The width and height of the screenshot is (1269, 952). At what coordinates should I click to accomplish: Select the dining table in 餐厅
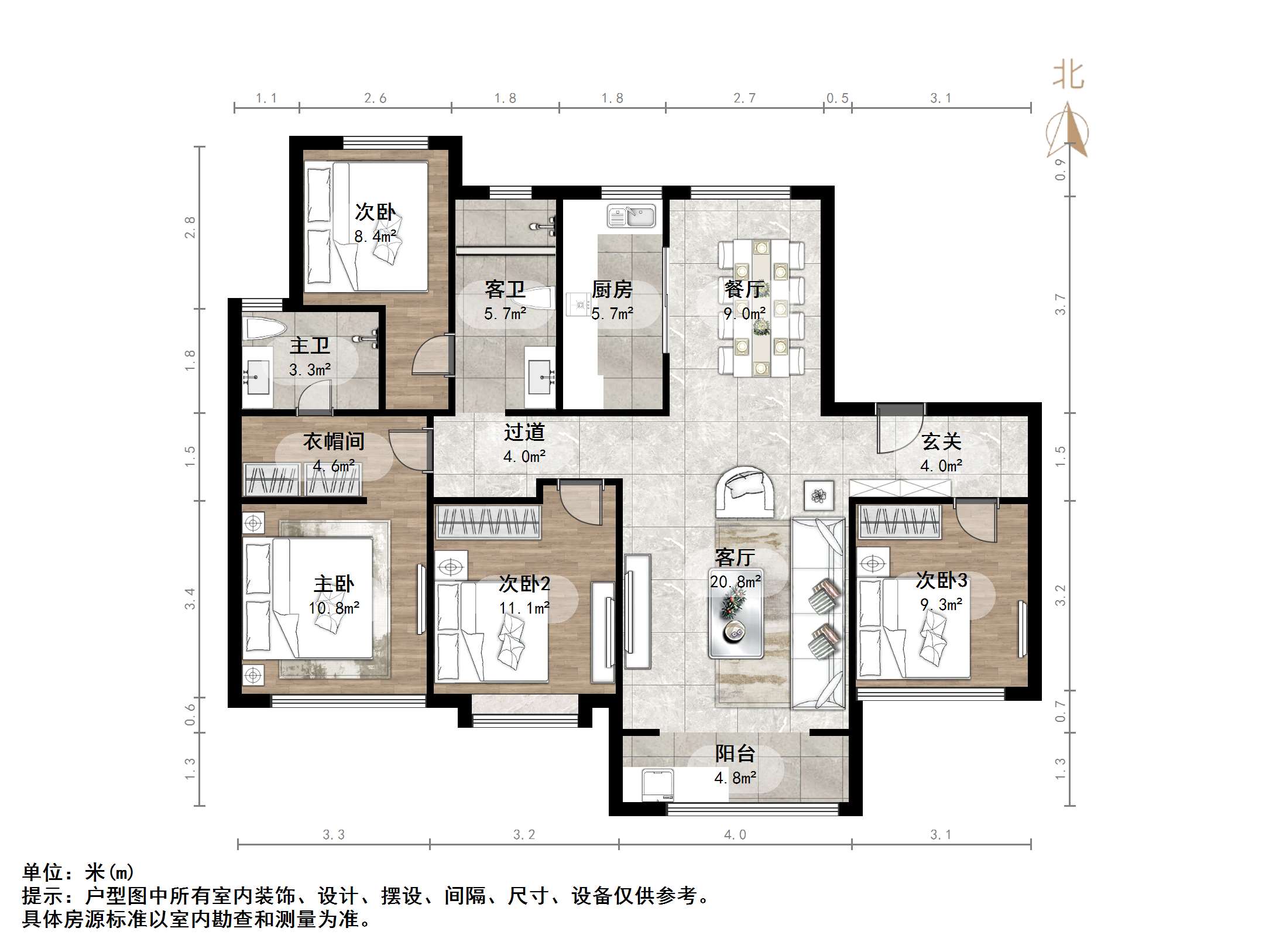(761, 309)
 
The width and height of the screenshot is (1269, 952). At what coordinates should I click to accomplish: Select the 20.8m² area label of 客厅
(735, 581)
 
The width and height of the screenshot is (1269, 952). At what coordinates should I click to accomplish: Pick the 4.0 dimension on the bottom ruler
(735, 835)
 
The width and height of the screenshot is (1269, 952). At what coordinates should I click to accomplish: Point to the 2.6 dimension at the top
(375, 98)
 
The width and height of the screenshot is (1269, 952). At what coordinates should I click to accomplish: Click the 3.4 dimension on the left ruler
(190, 599)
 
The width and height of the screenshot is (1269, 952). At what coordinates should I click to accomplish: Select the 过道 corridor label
(524, 432)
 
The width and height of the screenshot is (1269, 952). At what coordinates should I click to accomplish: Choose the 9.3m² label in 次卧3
(941, 604)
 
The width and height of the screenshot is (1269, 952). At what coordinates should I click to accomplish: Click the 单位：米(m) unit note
(78, 872)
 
